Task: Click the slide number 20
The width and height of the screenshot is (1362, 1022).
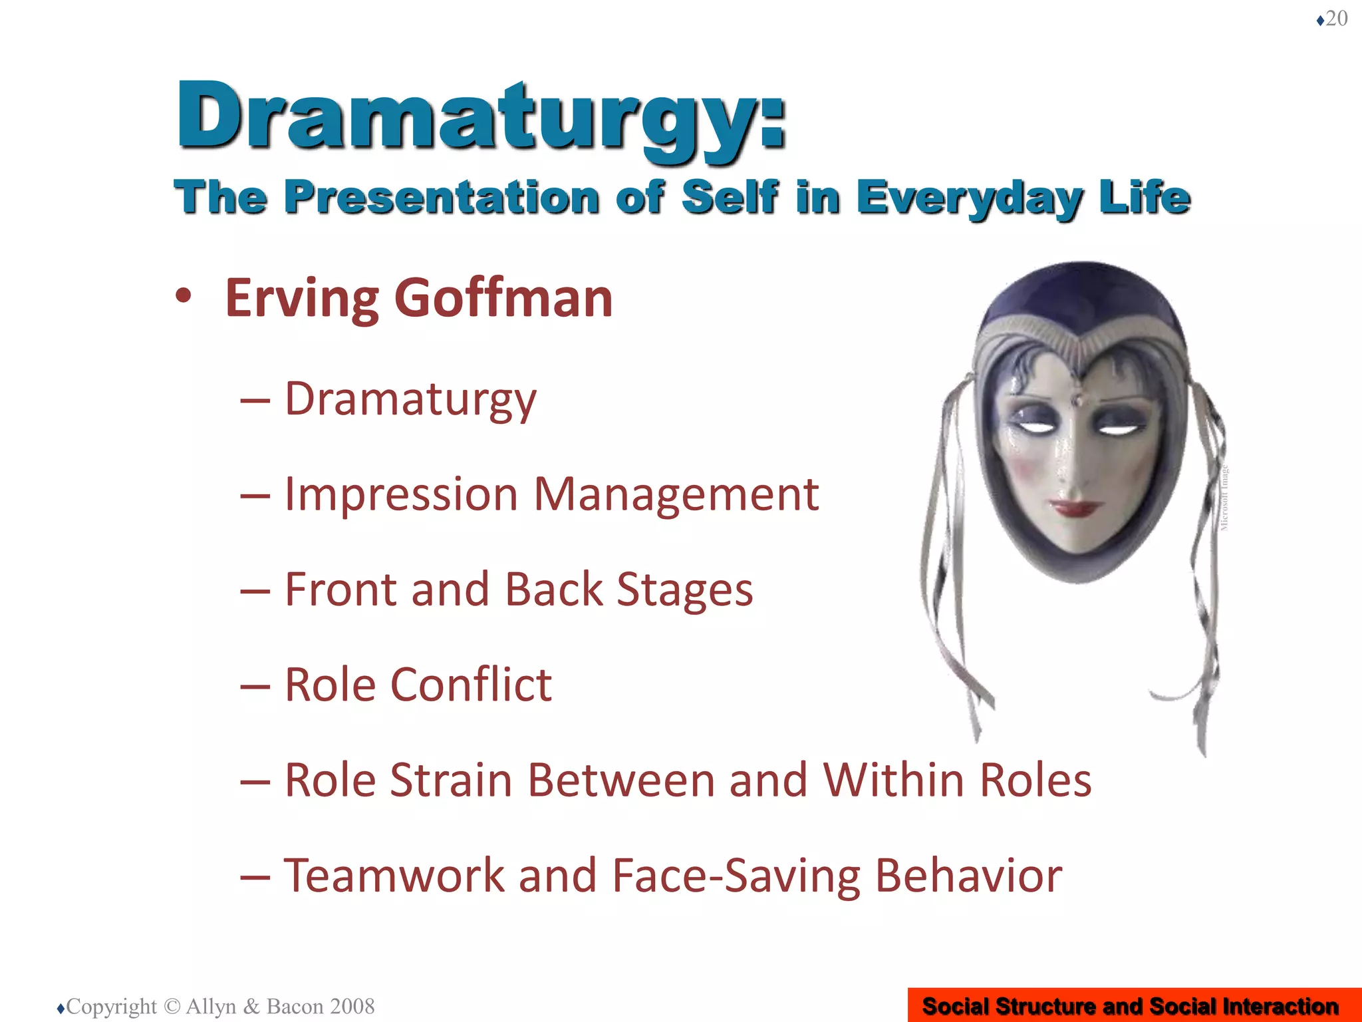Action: (x=1336, y=19)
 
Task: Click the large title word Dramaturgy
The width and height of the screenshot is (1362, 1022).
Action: (x=480, y=116)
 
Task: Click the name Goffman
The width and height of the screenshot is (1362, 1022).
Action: (x=503, y=299)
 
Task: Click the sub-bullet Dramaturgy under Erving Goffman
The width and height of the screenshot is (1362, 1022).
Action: (x=410, y=399)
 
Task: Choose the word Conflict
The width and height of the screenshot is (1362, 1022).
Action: (x=470, y=685)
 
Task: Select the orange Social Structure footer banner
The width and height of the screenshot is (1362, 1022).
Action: (x=1134, y=1005)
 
